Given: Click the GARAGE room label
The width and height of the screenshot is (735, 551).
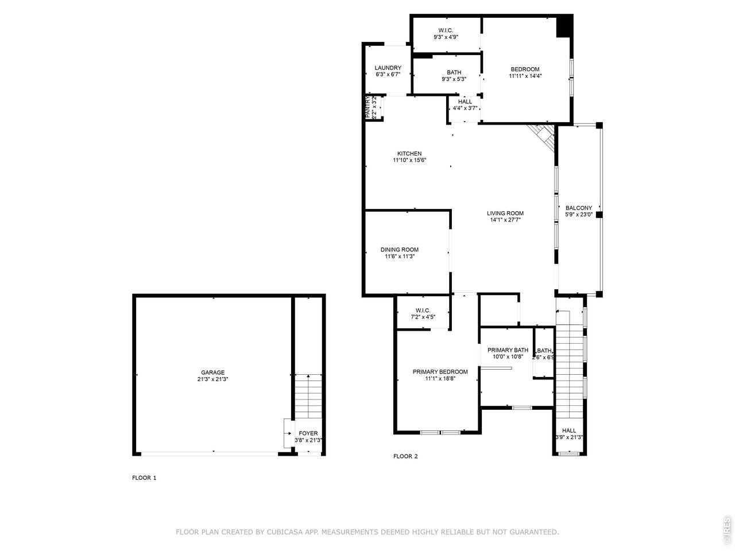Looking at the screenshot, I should click(x=212, y=372).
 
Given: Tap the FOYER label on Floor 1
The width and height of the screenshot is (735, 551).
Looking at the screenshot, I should click(x=308, y=433).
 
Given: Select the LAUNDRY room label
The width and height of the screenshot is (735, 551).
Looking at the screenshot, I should click(x=388, y=68).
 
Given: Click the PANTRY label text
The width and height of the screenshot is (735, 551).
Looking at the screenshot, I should click(x=368, y=107).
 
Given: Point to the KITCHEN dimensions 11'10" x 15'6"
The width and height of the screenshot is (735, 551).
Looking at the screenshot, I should click(x=409, y=161).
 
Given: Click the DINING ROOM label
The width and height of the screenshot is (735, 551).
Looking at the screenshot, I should click(x=399, y=250).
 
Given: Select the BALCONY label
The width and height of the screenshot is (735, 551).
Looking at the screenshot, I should click(x=578, y=208).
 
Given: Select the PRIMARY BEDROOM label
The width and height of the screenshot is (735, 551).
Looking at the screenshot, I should click(x=440, y=372).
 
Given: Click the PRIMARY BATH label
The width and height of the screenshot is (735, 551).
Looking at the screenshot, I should click(x=508, y=350).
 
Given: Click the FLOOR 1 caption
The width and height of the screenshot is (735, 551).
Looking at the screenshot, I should click(x=144, y=478).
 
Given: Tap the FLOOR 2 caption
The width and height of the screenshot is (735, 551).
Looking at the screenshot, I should click(x=405, y=456).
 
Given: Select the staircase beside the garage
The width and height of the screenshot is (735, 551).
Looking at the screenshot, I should click(x=308, y=396).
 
